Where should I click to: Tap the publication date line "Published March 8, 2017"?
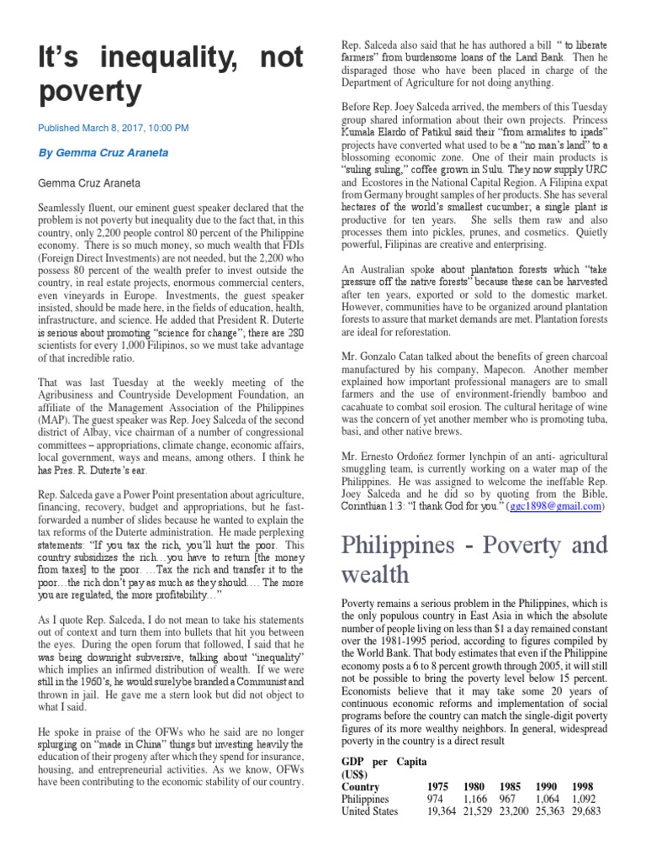[x=114, y=128]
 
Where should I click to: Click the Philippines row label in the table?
[x=365, y=799]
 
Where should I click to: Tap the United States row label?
[x=369, y=811]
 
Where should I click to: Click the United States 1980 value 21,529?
[x=479, y=811]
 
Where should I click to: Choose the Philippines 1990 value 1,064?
[x=551, y=799]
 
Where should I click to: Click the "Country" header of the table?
[x=361, y=787]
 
